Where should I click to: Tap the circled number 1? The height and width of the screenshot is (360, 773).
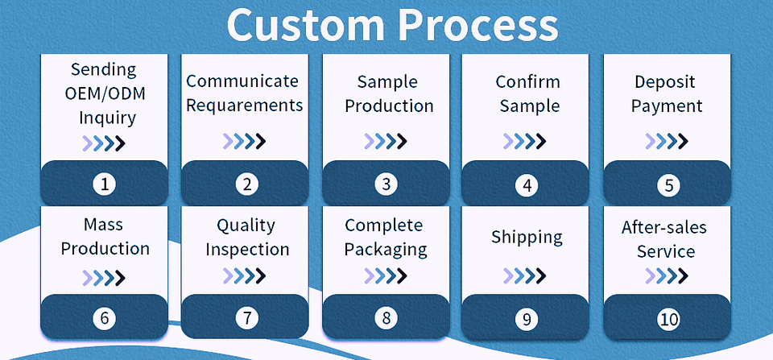pos(104,184)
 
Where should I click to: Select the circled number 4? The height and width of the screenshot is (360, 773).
pos(527,186)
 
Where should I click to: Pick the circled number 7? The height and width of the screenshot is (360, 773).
pos(246,318)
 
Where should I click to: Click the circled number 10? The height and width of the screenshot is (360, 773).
pos(668,319)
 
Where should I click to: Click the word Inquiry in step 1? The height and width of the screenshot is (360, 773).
pos(107,118)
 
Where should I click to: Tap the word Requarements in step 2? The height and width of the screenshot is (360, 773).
pos(245,105)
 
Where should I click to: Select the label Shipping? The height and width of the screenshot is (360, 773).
pos(527,238)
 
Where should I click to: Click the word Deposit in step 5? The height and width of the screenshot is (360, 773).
pos(664,81)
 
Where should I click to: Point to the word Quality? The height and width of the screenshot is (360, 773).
pos(246,226)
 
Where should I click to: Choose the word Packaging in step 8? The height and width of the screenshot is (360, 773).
pos(386,250)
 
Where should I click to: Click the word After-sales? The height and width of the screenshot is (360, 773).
pos(664,227)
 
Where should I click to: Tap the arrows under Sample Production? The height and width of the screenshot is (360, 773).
pos(386,141)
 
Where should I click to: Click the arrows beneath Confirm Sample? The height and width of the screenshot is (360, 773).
pos(525,141)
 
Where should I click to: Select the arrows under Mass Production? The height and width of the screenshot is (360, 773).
pos(104,278)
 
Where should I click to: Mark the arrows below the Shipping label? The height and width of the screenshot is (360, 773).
pos(525,276)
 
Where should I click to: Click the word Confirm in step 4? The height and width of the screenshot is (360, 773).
pos(527,81)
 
